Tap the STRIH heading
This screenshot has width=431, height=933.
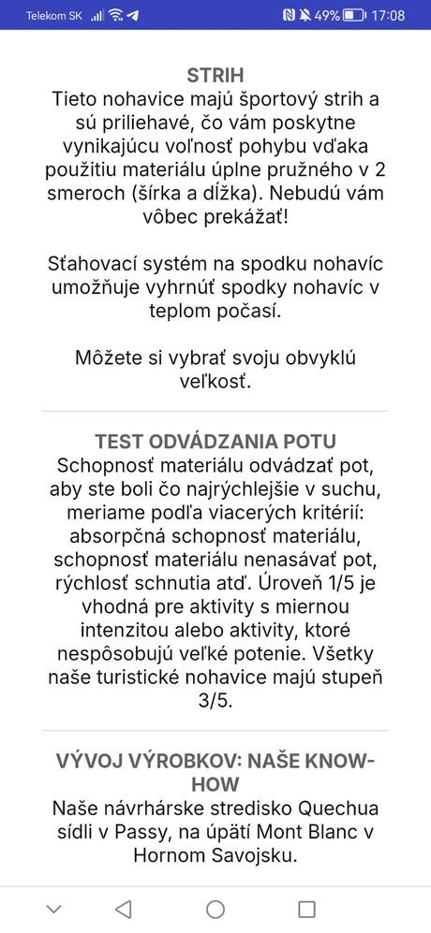[x=215, y=76]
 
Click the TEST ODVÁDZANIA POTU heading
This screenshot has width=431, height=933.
[x=215, y=441]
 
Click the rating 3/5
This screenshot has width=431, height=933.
[x=215, y=699]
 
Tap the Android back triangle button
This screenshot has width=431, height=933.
[x=123, y=909]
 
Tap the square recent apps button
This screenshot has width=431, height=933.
[x=306, y=909]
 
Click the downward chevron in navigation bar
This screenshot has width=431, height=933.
[x=53, y=909]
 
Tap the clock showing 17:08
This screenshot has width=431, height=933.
[x=387, y=15]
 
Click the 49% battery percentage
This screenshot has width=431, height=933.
[x=326, y=15]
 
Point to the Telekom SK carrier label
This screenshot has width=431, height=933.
[x=54, y=16]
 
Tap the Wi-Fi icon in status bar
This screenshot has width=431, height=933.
[x=115, y=15]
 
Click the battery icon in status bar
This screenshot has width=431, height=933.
[x=354, y=15]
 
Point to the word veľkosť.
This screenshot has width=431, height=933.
[x=215, y=383]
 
